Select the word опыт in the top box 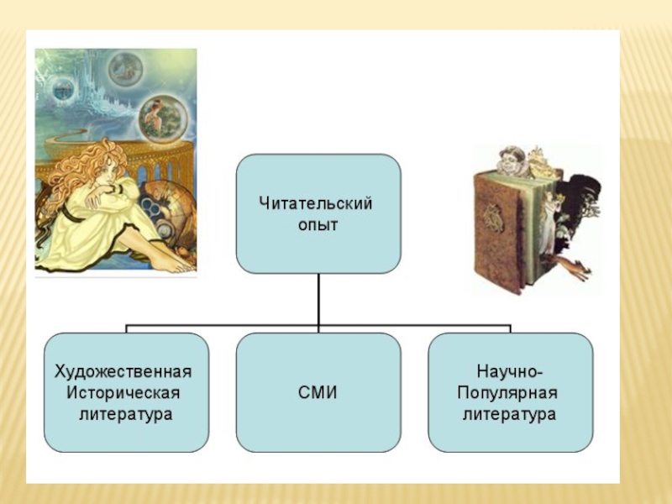coord(318,224)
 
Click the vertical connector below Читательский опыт coord(318,299)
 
